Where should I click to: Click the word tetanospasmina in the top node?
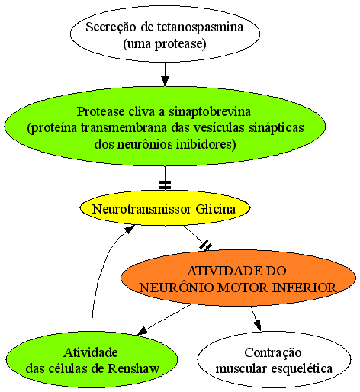(x=200, y=27)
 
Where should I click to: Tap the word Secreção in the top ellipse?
(x=111, y=27)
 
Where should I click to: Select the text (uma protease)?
(x=165, y=43)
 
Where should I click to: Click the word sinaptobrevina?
(x=210, y=112)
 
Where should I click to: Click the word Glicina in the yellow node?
(x=216, y=209)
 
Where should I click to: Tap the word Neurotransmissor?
(x=142, y=209)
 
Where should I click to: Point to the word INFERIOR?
(x=304, y=288)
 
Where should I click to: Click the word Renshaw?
(x=133, y=368)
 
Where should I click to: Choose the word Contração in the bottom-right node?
(x=273, y=353)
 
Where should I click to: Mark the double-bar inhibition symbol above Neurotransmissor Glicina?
(x=165, y=185)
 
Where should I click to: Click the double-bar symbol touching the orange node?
(x=205, y=246)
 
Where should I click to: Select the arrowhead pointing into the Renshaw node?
(x=143, y=331)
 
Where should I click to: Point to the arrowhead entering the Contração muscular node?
(x=258, y=326)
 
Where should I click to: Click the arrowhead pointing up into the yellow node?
(x=130, y=230)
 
